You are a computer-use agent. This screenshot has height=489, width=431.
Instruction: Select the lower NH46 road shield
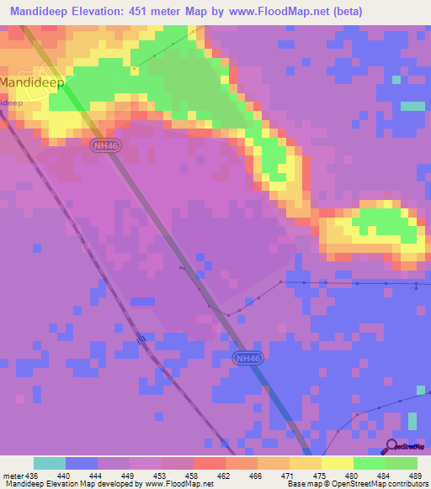[244, 358]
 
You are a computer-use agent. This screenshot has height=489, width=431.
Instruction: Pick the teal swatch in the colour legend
[49, 463]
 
